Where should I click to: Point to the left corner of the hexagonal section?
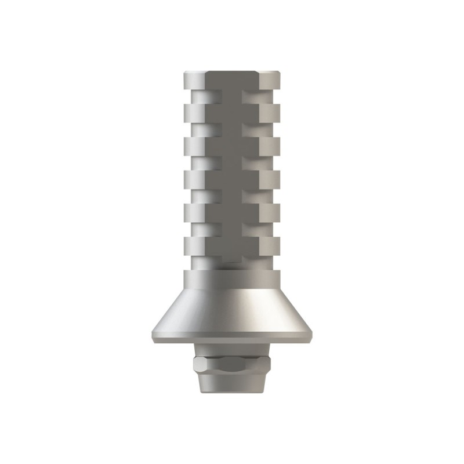click(x=193, y=366)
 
